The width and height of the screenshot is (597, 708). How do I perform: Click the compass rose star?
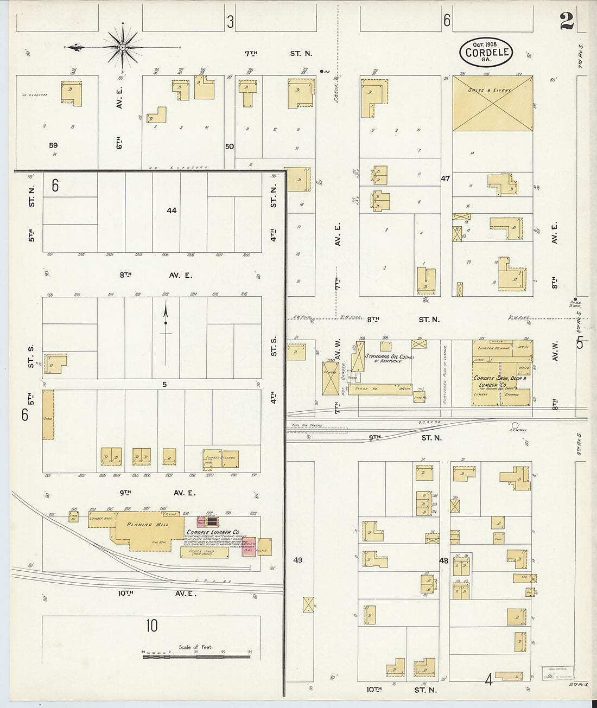(123, 47)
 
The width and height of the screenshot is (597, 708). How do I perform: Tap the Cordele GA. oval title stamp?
(487, 53)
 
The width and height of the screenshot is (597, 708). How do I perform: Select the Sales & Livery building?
(492, 103)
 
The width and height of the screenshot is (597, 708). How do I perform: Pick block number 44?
(172, 211)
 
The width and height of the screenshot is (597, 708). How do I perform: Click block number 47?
(445, 178)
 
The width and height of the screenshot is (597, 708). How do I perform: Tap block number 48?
(444, 560)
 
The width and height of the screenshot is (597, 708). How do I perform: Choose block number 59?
(53, 145)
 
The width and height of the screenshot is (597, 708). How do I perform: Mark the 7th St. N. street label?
(278, 53)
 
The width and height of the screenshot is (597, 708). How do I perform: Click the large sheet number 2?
(567, 21)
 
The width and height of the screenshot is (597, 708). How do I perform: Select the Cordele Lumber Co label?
(213, 532)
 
